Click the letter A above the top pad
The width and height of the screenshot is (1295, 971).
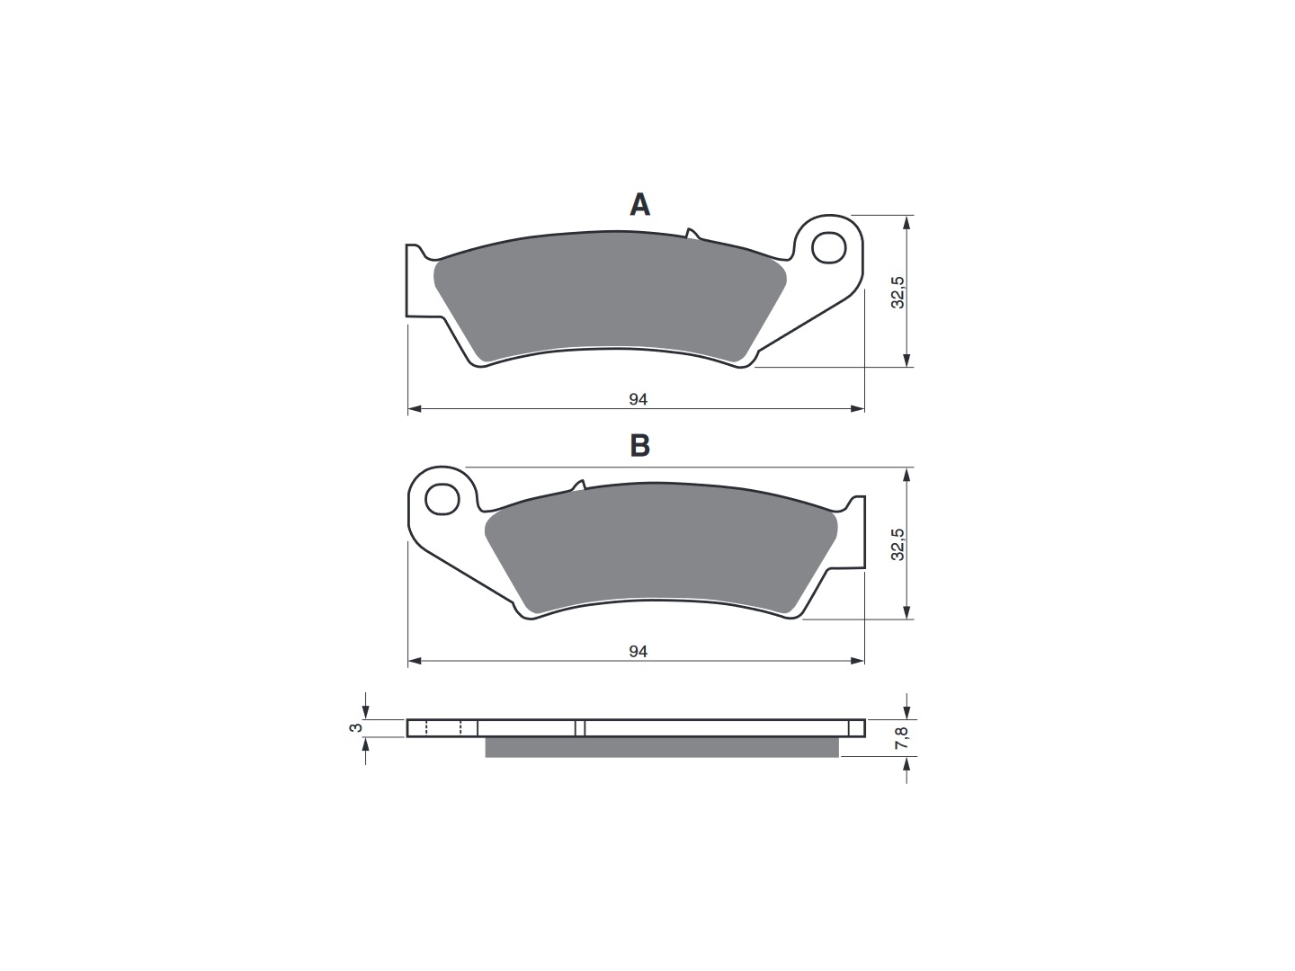click(640, 205)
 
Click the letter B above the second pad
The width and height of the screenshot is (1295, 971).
click(640, 446)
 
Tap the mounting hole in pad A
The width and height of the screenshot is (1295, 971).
click(829, 247)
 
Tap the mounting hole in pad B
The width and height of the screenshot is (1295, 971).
click(442, 499)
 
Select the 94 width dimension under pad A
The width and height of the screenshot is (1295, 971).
click(638, 400)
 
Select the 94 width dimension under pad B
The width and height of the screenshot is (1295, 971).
click(638, 652)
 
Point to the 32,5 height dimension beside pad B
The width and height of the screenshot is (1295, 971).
click(898, 544)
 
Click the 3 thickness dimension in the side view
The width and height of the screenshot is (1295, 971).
click(355, 728)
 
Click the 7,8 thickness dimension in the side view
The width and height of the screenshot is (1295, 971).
click(902, 737)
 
